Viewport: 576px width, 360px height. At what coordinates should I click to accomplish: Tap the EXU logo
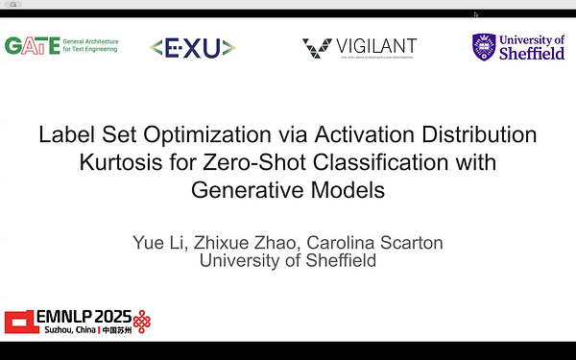tap(193, 46)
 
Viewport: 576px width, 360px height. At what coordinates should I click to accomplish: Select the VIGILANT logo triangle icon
tap(318, 46)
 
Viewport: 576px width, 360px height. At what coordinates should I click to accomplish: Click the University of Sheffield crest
tap(485, 46)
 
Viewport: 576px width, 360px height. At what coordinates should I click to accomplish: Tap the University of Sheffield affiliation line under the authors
tap(287, 259)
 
